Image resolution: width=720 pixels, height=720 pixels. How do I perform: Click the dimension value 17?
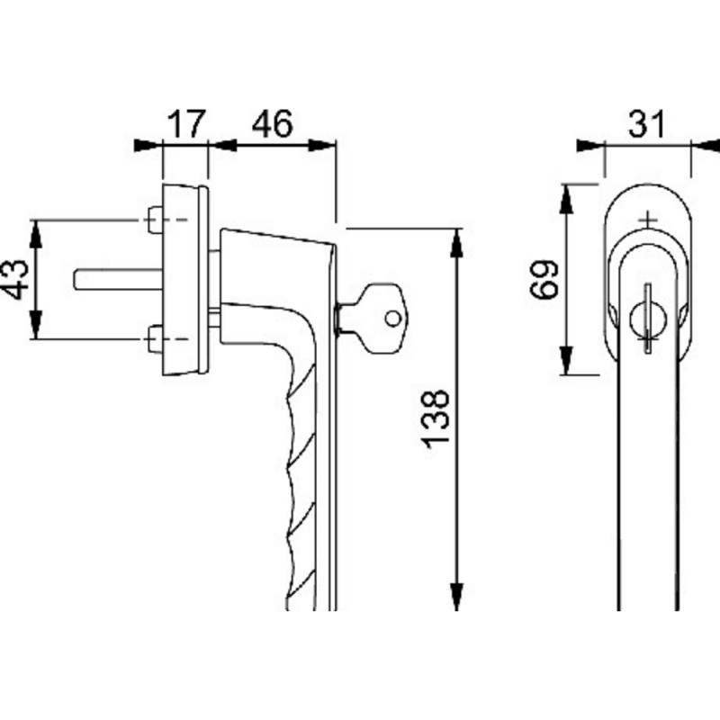pyautogui.click(x=187, y=123)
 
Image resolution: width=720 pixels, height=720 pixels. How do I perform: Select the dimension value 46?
pyautogui.click(x=273, y=123)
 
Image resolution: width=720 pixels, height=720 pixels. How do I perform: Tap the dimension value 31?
pyautogui.click(x=646, y=123)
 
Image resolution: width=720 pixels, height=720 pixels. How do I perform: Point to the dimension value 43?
pyautogui.click(x=14, y=279)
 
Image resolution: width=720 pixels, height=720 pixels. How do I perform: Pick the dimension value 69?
pyautogui.click(x=544, y=279)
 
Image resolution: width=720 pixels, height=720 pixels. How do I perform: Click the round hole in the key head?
pyautogui.click(x=393, y=319)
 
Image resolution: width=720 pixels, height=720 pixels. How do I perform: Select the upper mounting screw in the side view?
pyautogui.click(x=155, y=220)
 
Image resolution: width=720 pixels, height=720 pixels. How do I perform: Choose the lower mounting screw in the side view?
pyautogui.click(x=155, y=339)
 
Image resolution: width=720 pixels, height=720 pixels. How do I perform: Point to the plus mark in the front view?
pyautogui.click(x=648, y=220)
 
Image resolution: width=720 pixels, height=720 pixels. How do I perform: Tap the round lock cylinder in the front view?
pyautogui.click(x=647, y=319)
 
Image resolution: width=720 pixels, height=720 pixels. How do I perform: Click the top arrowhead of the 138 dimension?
pyautogui.click(x=456, y=243)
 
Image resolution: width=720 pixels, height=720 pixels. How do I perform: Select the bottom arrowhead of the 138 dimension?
pyautogui.click(x=456, y=596)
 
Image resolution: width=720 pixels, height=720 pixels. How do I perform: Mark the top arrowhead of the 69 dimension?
pyautogui.click(x=566, y=199)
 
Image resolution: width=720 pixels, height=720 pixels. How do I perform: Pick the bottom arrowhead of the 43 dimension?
pyautogui.click(x=36, y=325)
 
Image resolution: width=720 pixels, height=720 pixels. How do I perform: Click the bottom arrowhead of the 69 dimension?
pyautogui.click(x=566, y=360)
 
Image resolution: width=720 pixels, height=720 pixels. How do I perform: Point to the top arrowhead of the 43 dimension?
pyautogui.click(x=36, y=235)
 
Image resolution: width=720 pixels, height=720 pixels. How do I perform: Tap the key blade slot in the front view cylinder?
pyautogui.click(x=647, y=319)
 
